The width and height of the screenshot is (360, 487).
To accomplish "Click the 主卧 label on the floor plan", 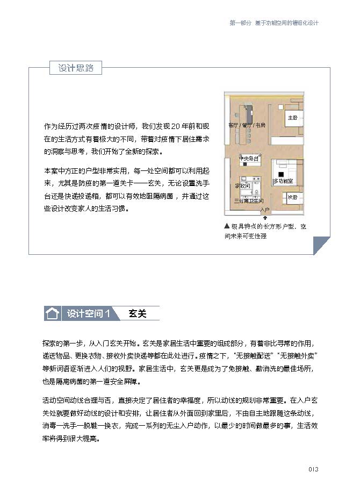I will coord(293,118).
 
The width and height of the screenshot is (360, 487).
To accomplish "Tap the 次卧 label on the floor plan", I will coord(292,197).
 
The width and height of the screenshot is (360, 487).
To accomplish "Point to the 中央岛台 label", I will coord(249,159).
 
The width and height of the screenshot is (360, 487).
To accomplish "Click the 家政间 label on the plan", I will coord(243,185).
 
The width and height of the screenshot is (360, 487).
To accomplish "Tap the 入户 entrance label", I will coord(264,209).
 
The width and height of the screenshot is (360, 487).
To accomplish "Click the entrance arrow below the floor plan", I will coord(264,217).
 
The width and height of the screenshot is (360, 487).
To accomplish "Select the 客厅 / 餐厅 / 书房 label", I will coord(247,125).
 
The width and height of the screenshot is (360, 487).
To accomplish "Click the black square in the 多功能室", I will coord(280,175).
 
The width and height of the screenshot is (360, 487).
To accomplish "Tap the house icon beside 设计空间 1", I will coord(52,313).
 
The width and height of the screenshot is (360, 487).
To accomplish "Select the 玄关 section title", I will coord(138,313).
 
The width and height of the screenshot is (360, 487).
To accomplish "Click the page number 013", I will coord(314,469).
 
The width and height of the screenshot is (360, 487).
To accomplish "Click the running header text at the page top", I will coord(273,23).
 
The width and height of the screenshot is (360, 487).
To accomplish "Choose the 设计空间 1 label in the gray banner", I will coord(88,313).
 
